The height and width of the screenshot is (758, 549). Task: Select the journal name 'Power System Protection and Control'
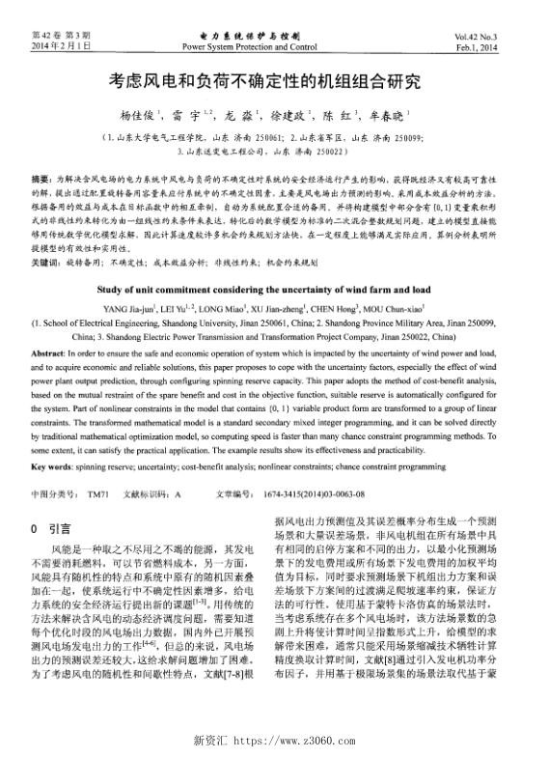pos(249,45)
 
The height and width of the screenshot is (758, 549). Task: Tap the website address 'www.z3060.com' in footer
pos(294,740)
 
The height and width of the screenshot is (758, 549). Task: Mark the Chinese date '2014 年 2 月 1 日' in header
pos(61,45)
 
